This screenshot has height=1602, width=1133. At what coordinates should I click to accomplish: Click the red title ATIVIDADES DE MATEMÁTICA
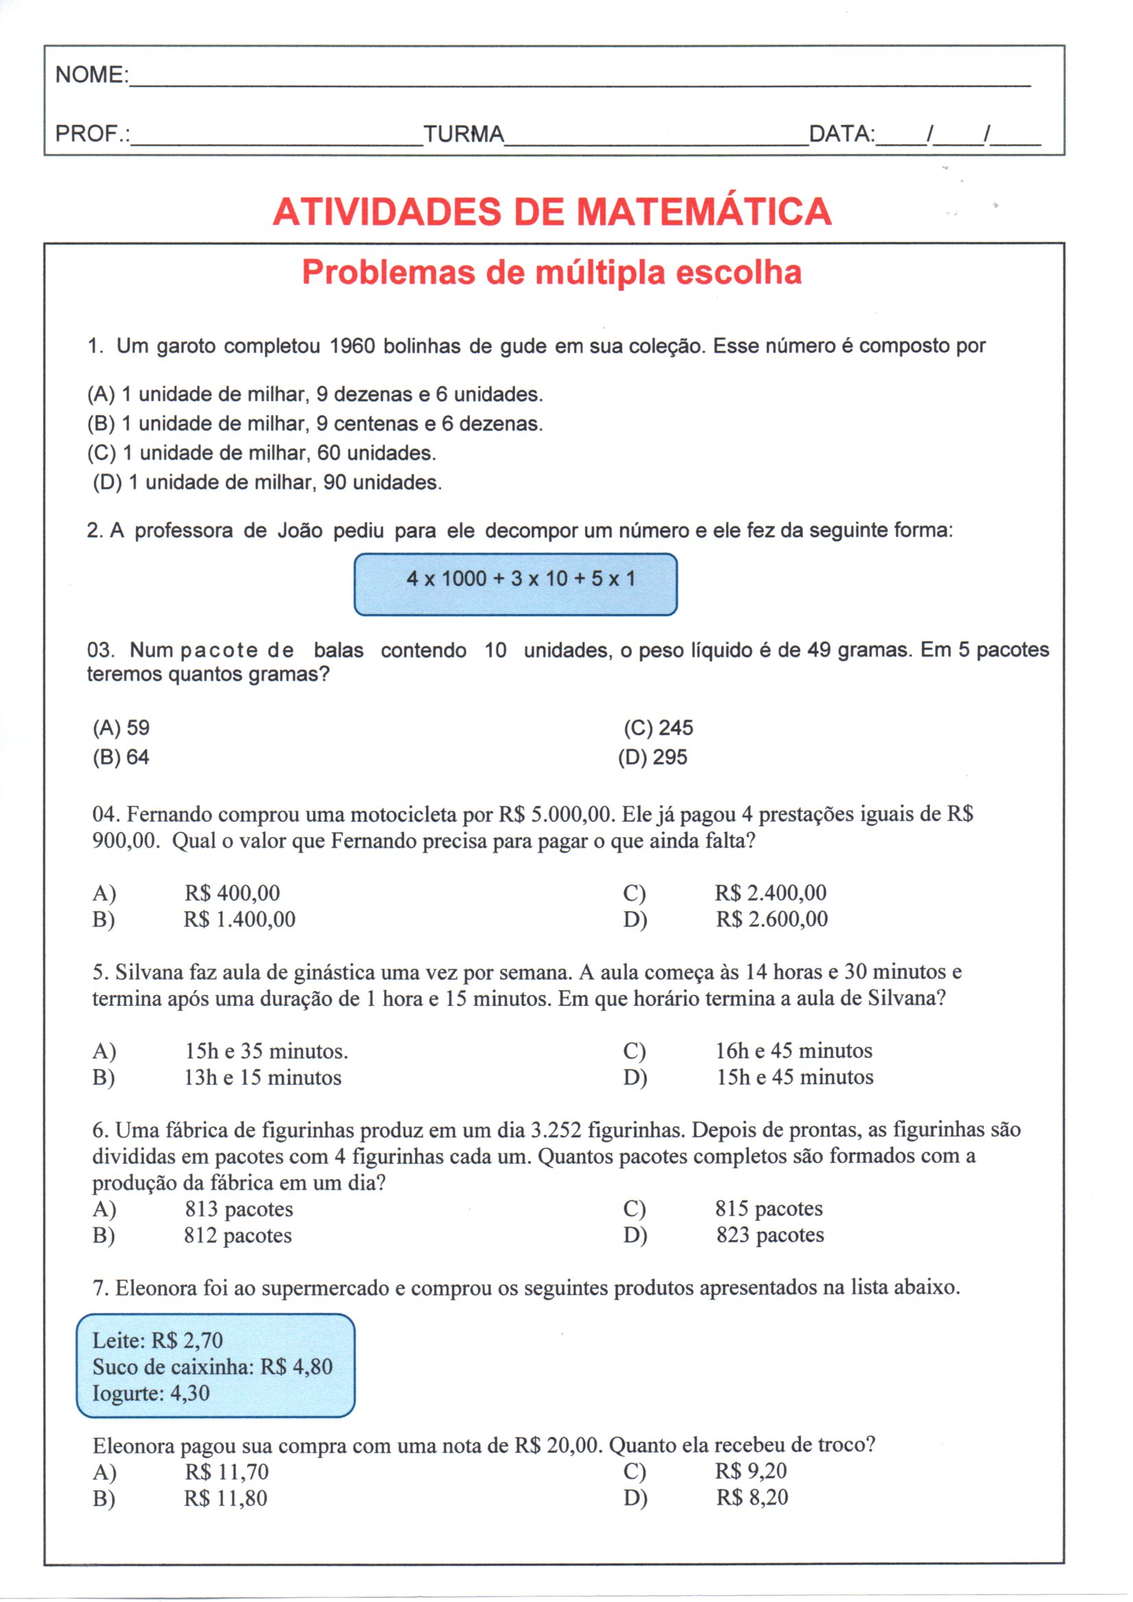[x=552, y=212]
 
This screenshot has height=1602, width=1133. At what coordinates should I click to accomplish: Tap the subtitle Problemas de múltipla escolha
[x=552, y=272]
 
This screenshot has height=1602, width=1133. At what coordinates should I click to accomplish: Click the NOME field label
[x=91, y=75]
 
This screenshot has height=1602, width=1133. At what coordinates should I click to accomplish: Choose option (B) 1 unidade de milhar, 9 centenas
[x=314, y=423]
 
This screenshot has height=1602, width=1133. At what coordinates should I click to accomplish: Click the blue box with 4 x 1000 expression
[x=516, y=584]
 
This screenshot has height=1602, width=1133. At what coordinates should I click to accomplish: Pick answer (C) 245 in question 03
[x=658, y=728]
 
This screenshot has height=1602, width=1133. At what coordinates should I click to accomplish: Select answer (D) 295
[x=653, y=757]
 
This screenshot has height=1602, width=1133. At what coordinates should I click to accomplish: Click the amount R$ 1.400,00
[x=239, y=919]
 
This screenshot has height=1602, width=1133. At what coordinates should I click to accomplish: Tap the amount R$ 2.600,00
[x=771, y=919]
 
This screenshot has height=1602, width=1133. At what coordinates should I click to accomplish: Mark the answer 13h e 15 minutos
[x=263, y=1077]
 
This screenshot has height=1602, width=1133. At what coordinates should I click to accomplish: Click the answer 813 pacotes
[x=238, y=1209]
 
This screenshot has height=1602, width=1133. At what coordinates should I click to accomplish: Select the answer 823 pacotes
[x=770, y=1234]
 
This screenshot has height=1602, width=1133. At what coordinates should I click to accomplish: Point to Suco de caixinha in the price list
[x=173, y=1366]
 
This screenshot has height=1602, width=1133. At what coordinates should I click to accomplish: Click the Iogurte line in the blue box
[x=151, y=1393]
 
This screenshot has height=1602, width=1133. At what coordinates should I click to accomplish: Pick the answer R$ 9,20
[x=751, y=1470]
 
